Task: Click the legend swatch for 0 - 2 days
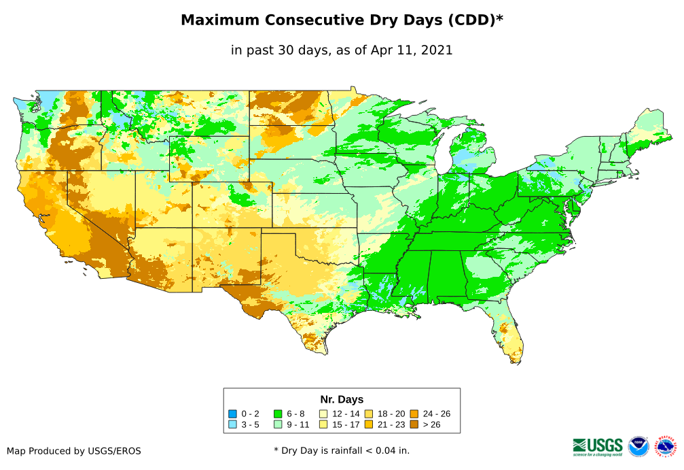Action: click(233, 414)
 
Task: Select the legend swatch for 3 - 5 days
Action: click(233, 424)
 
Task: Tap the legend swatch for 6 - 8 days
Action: click(278, 414)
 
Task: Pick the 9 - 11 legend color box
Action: click(278, 424)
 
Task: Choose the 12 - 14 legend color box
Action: click(323, 414)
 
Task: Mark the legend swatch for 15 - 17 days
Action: click(323, 424)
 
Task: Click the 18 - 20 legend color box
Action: click(368, 414)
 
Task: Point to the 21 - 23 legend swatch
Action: click(368, 424)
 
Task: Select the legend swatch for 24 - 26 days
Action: click(414, 414)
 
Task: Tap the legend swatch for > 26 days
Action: click(414, 424)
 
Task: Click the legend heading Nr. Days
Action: click(342, 399)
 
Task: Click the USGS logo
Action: click(598, 446)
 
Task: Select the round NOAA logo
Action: click(638, 446)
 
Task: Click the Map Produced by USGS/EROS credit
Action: click(74, 450)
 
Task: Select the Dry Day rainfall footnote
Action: click(342, 450)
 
